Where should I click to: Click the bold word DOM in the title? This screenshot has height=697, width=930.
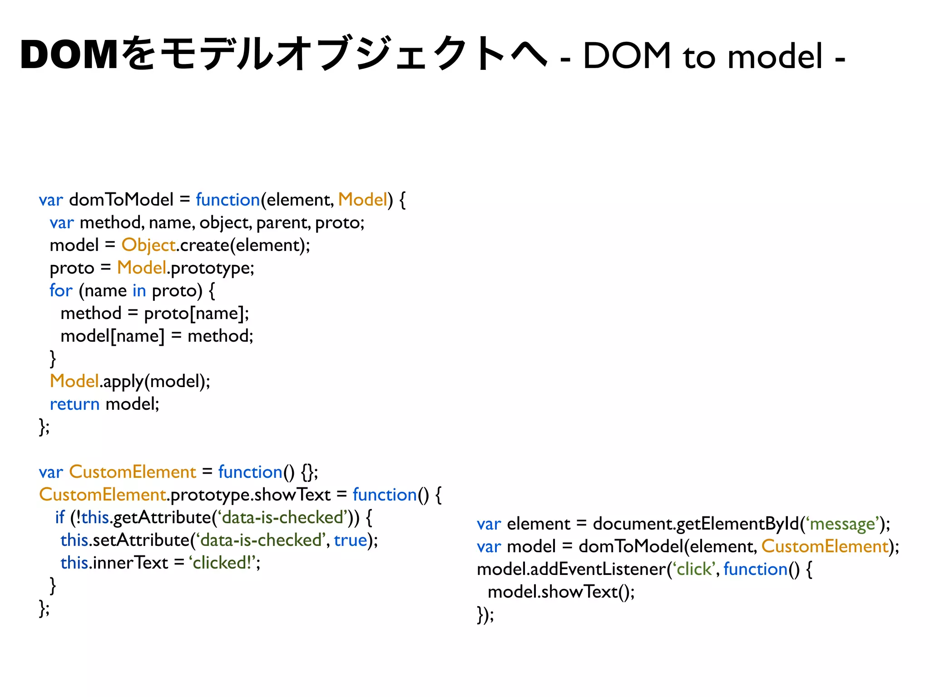69,55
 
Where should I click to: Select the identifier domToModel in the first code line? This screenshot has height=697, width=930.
121,200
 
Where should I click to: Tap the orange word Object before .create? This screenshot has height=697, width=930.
148,245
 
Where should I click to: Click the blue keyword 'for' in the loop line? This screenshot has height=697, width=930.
61,290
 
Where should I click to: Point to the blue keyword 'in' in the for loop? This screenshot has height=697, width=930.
139,290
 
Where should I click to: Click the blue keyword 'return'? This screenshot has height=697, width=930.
74,404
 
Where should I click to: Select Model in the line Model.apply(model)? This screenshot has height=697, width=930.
74,381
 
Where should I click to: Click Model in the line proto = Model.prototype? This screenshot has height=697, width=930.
142,268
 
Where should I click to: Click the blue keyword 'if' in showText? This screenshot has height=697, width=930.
59,517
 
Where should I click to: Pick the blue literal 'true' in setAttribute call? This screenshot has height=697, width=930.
350,540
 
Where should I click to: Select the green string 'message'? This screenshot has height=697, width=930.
842,524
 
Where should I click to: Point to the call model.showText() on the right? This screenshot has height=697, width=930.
561,592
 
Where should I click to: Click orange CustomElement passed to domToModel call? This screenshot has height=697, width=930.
825,546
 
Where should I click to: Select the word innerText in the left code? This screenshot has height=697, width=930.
131,563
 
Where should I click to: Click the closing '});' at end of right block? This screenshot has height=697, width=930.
485,614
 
